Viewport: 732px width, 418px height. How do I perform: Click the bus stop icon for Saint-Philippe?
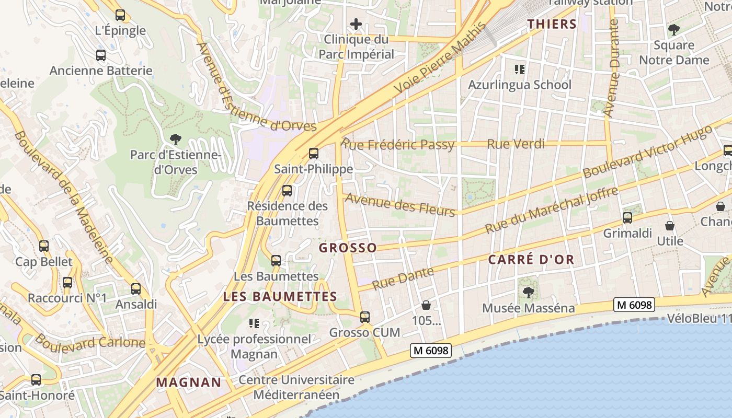[314, 154]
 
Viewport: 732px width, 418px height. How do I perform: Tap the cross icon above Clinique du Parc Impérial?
[356, 24]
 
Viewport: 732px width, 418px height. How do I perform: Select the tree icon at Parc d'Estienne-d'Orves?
[176, 139]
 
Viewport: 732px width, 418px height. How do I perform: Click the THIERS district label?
[552, 24]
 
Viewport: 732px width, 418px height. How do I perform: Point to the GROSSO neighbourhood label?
[348, 248]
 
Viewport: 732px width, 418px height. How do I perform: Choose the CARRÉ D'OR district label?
[531, 259]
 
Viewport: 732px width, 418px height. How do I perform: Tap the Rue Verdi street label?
[516, 144]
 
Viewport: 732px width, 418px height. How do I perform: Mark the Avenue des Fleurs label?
[400, 204]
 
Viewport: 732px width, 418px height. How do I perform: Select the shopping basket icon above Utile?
[670, 226]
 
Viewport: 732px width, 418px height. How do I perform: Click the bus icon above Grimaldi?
[627, 218]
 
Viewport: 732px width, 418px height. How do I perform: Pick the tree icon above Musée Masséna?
[528, 292]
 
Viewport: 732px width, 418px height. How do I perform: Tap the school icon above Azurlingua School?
[519, 69]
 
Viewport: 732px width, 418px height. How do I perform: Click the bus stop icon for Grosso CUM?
[365, 317]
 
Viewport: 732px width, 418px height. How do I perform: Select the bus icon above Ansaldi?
[136, 288]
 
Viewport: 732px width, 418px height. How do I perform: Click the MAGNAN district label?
[189, 382]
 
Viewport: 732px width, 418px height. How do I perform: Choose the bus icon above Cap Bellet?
[44, 246]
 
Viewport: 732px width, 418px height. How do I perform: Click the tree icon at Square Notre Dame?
[674, 29]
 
